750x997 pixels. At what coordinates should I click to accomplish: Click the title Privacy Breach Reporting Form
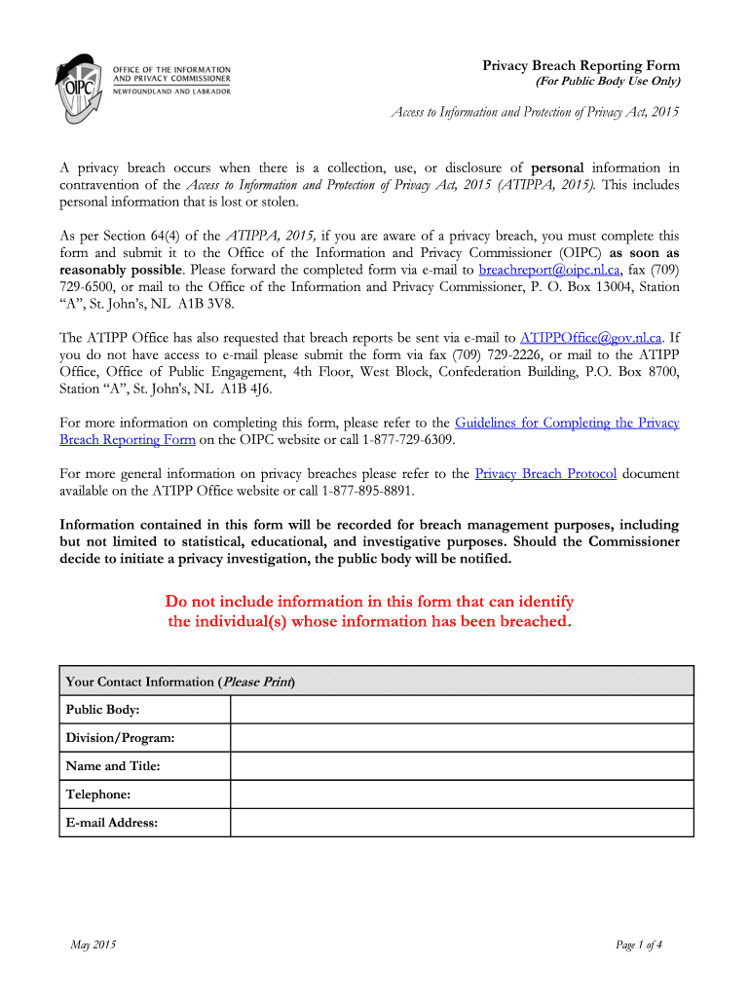click(x=581, y=64)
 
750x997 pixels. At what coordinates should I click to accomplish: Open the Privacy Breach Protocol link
click(x=545, y=474)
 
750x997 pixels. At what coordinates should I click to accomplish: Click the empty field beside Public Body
click(x=462, y=709)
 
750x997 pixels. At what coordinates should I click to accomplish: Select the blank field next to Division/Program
click(x=462, y=737)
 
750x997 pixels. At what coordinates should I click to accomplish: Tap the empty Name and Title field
click(x=462, y=766)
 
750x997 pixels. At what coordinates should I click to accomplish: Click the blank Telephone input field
click(x=462, y=794)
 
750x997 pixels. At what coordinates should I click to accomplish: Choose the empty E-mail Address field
click(x=462, y=823)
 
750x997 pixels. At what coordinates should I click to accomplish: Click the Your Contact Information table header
click(x=180, y=682)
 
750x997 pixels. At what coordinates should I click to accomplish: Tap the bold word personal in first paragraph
click(x=556, y=167)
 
